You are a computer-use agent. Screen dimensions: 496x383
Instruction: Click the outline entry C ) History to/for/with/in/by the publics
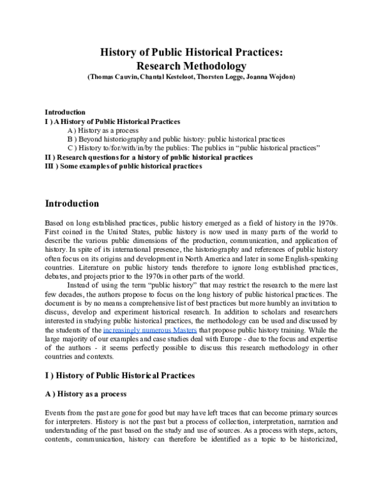coord(192,148)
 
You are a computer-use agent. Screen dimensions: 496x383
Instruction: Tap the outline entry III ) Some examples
coord(123,166)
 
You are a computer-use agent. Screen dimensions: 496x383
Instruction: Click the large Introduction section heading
coord(71,204)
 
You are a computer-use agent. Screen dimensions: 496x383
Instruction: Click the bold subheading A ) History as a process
coord(86,394)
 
